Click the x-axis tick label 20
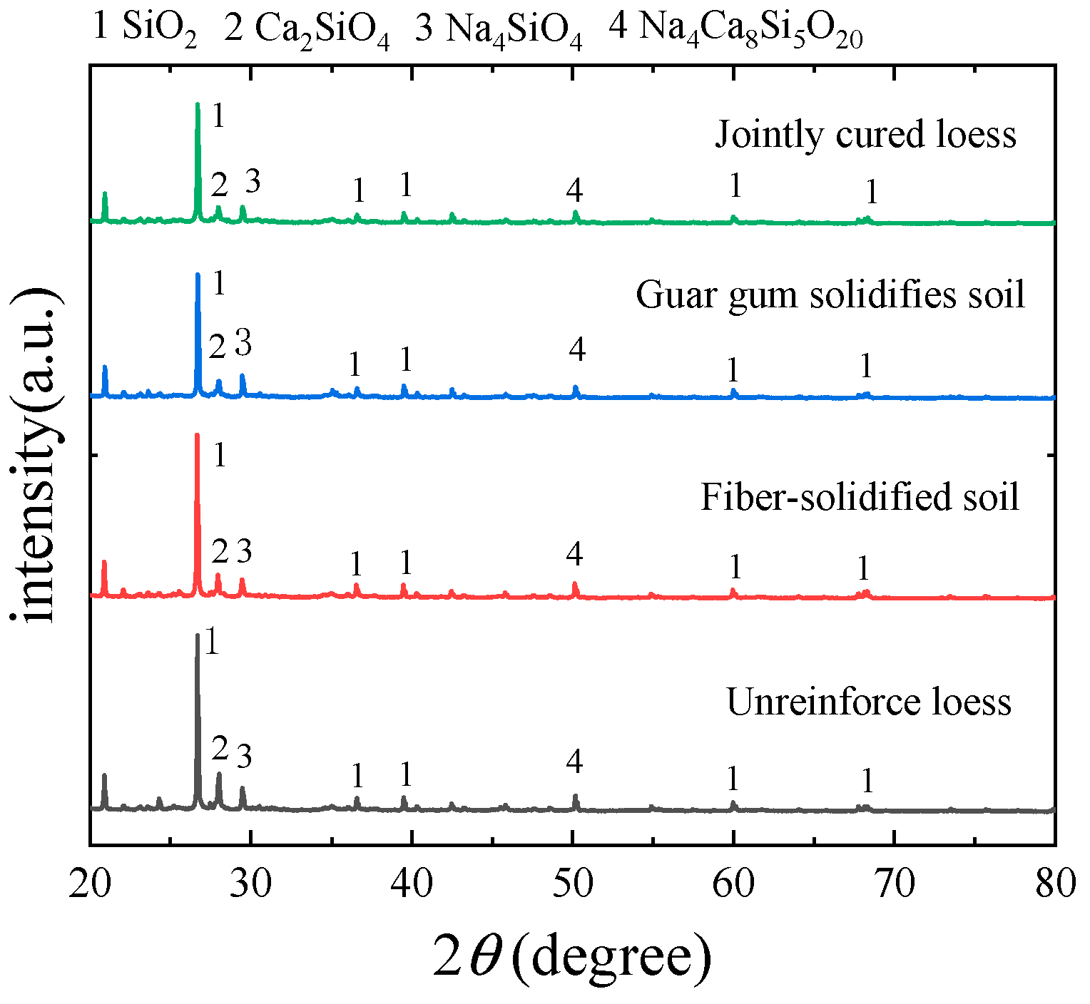(x=90, y=884)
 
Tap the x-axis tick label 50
(x=573, y=884)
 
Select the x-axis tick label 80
(x=1055, y=884)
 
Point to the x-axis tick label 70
(x=895, y=884)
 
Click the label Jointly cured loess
(x=865, y=134)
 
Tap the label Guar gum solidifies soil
(x=830, y=294)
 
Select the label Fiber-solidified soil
(x=860, y=496)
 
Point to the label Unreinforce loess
(x=868, y=702)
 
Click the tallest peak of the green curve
(x=198, y=105)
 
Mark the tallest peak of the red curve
(x=197, y=435)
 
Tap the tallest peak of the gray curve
(x=197, y=635)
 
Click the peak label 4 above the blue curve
(x=577, y=349)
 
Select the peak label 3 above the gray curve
(x=244, y=756)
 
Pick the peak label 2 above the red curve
(x=220, y=551)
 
